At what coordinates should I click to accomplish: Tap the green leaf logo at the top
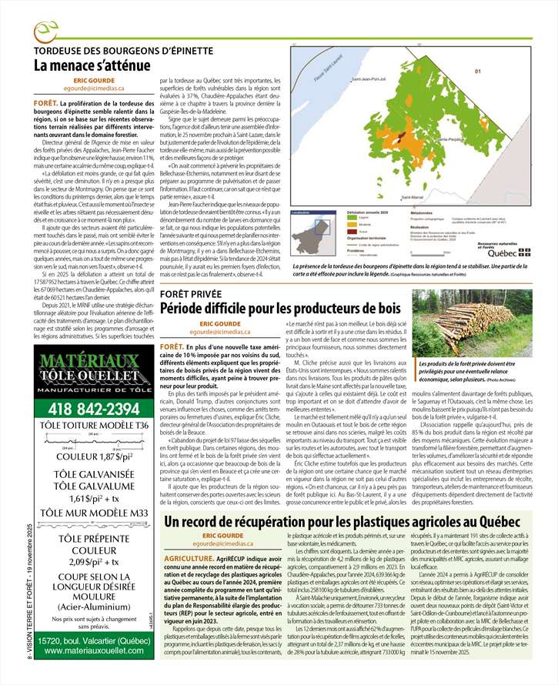pos(47,32)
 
